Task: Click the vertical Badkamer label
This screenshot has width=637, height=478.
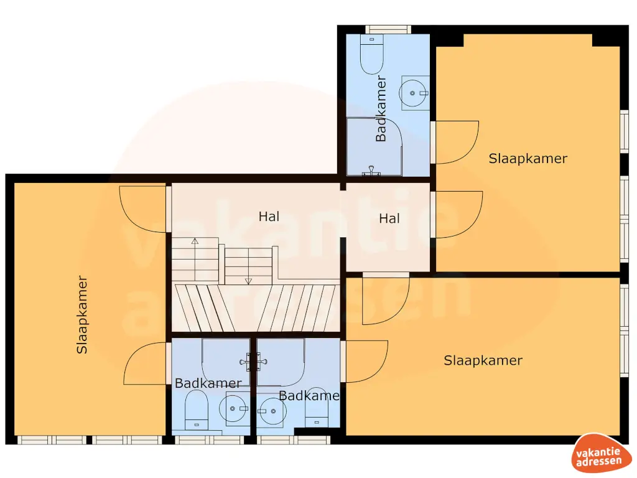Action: [381, 109]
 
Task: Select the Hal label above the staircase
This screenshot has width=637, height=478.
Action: [269, 217]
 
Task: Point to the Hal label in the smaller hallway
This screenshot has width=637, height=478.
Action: [389, 218]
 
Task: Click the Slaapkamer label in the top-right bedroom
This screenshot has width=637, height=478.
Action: [528, 158]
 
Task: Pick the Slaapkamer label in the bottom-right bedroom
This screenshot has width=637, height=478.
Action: [483, 360]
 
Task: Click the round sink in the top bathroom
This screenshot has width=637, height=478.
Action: [413, 93]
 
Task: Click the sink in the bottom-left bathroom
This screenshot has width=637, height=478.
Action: [234, 409]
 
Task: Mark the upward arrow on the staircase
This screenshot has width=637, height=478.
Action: [195, 240]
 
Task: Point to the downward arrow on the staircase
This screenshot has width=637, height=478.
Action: [248, 281]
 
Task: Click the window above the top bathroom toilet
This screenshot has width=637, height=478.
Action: [388, 29]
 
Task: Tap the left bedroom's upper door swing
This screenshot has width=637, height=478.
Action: [144, 209]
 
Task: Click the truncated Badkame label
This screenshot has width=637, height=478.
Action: [309, 395]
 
